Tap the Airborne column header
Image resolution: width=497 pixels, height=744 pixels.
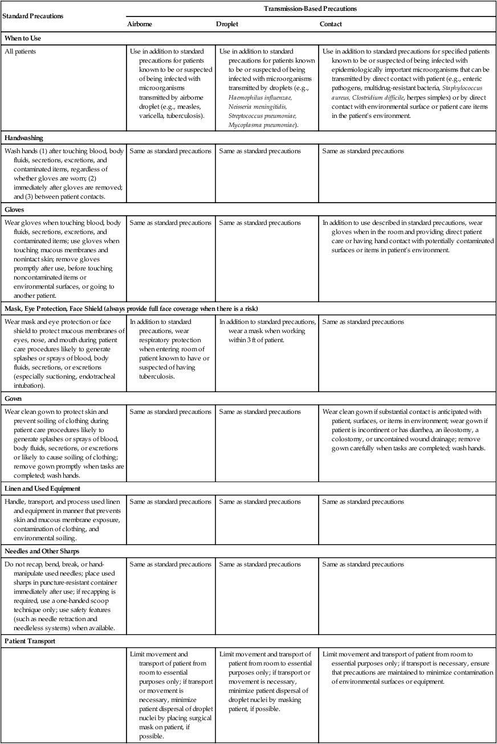click(x=140, y=25)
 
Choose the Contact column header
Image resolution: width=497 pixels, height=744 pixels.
click(x=332, y=25)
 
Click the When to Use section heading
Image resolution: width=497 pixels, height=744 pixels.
click(x=23, y=39)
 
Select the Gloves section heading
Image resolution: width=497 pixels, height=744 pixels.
click(x=15, y=209)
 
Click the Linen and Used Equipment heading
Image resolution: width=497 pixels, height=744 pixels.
click(x=43, y=489)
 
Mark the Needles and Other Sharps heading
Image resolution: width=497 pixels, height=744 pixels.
click(x=42, y=552)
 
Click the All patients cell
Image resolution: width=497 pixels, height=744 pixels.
click(x=21, y=51)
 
